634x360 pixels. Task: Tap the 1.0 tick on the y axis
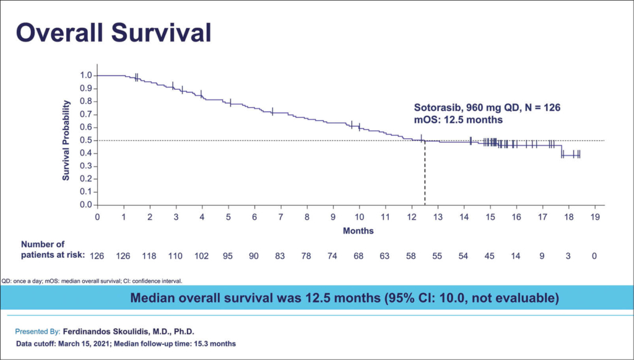click(x=86, y=76)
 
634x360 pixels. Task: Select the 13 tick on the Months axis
click(x=438, y=217)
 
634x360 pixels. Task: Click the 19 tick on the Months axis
click(x=595, y=217)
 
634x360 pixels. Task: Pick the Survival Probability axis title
click(x=66, y=141)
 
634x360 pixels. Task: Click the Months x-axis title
click(x=358, y=230)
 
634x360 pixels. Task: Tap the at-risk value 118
click(x=150, y=255)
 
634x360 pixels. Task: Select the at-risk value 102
click(x=202, y=255)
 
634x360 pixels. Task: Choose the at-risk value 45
click(x=490, y=255)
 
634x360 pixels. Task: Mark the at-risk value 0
click(x=594, y=255)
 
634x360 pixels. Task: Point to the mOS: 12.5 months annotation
click(x=458, y=119)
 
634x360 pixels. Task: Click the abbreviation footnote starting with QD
click(x=92, y=280)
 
